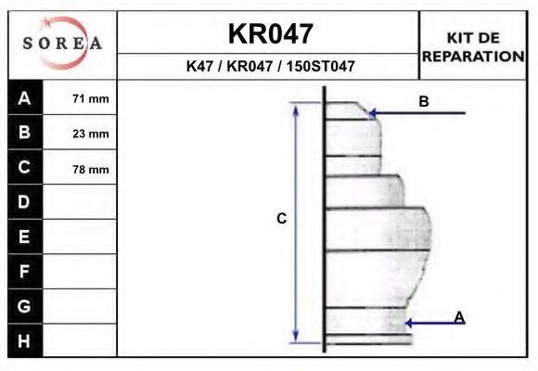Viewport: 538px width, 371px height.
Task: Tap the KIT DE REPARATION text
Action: coord(473,46)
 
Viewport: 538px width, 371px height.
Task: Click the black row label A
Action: coord(25,97)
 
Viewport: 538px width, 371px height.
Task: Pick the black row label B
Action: coord(25,133)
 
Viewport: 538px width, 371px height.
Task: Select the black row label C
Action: coord(25,168)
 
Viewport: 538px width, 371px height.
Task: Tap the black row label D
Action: coord(25,202)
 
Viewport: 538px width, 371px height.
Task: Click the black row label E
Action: coord(25,237)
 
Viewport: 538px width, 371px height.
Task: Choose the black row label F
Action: coord(25,272)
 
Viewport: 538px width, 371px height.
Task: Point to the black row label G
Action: coord(25,306)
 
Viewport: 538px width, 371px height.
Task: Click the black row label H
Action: coord(25,340)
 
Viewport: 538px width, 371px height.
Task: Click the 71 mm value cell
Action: coord(91,98)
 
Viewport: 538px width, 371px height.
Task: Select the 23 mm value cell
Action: coord(91,134)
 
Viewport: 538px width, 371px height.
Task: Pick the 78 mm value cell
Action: coord(91,169)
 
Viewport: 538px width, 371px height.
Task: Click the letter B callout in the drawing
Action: coord(424,102)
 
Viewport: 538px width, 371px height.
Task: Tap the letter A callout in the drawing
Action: coord(459,318)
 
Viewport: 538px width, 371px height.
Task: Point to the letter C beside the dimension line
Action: coord(281,219)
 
